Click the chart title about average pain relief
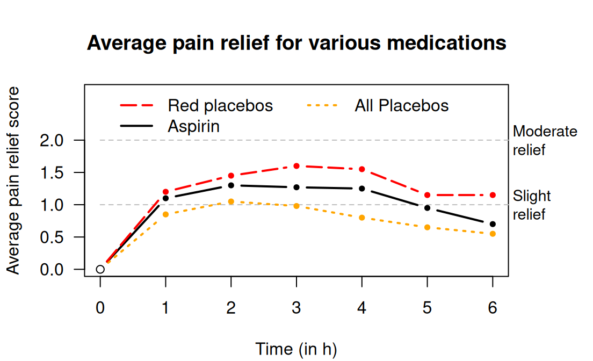click(x=296, y=42)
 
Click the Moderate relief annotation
click(x=545, y=140)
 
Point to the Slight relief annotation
click(x=532, y=205)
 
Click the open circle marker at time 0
click(x=100, y=269)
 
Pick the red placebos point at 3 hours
click(x=296, y=166)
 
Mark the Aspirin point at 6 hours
click(x=493, y=224)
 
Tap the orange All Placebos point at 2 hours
click(x=231, y=201)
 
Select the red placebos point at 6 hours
click(x=493, y=195)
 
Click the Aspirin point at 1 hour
click(x=165, y=198)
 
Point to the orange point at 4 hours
click(x=362, y=218)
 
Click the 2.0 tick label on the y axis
click(x=52, y=140)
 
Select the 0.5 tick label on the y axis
click(x=52, y=237)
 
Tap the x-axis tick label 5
click(x=427, y=308)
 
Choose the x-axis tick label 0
click(x=100, y=308)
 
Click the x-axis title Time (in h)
click(x=296, y=349)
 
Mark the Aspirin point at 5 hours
click(x=427, y=208)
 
